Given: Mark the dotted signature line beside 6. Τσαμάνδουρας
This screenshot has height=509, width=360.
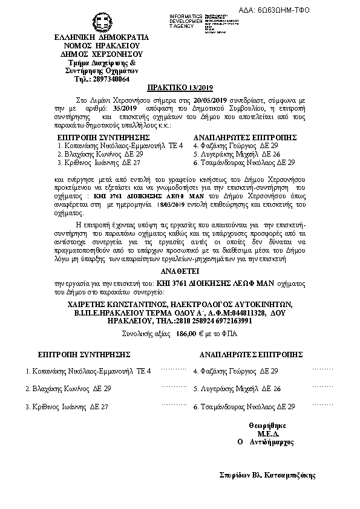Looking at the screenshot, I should pos(322,404).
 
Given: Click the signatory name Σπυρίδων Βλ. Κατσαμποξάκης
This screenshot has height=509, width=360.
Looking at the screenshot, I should pos(267,475).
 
